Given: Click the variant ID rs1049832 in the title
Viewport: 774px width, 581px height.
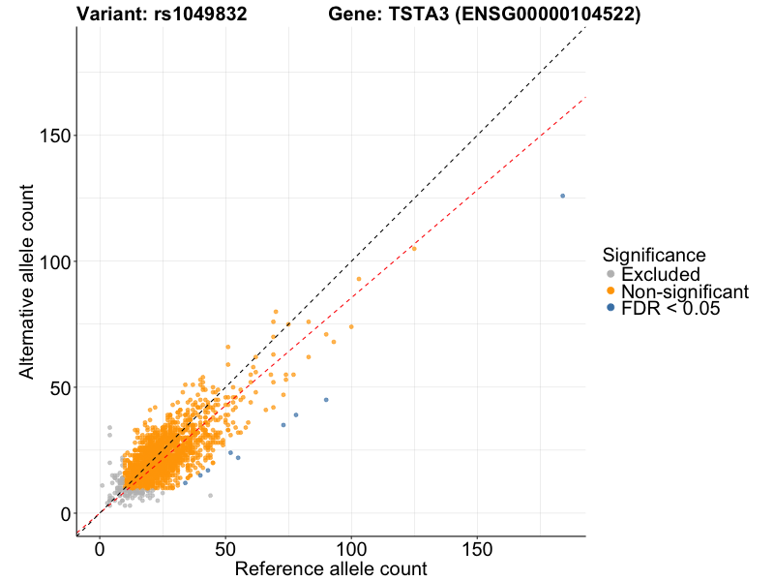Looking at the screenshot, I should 200,15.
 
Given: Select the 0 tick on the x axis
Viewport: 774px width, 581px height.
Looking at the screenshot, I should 101,549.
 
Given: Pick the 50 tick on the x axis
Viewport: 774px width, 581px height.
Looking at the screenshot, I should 225,549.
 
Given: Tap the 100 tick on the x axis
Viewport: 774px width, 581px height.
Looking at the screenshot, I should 351,549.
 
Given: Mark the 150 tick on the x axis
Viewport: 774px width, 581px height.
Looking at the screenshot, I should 477,549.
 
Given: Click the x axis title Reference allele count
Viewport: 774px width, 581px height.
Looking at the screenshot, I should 331,568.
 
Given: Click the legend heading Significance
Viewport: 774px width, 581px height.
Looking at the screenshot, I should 653,255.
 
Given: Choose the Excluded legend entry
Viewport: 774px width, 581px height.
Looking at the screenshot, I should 660,274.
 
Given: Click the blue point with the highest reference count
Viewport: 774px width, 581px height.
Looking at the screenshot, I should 562,196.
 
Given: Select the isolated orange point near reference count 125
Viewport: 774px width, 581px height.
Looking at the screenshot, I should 413,249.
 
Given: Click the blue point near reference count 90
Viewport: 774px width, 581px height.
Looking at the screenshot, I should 326,400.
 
